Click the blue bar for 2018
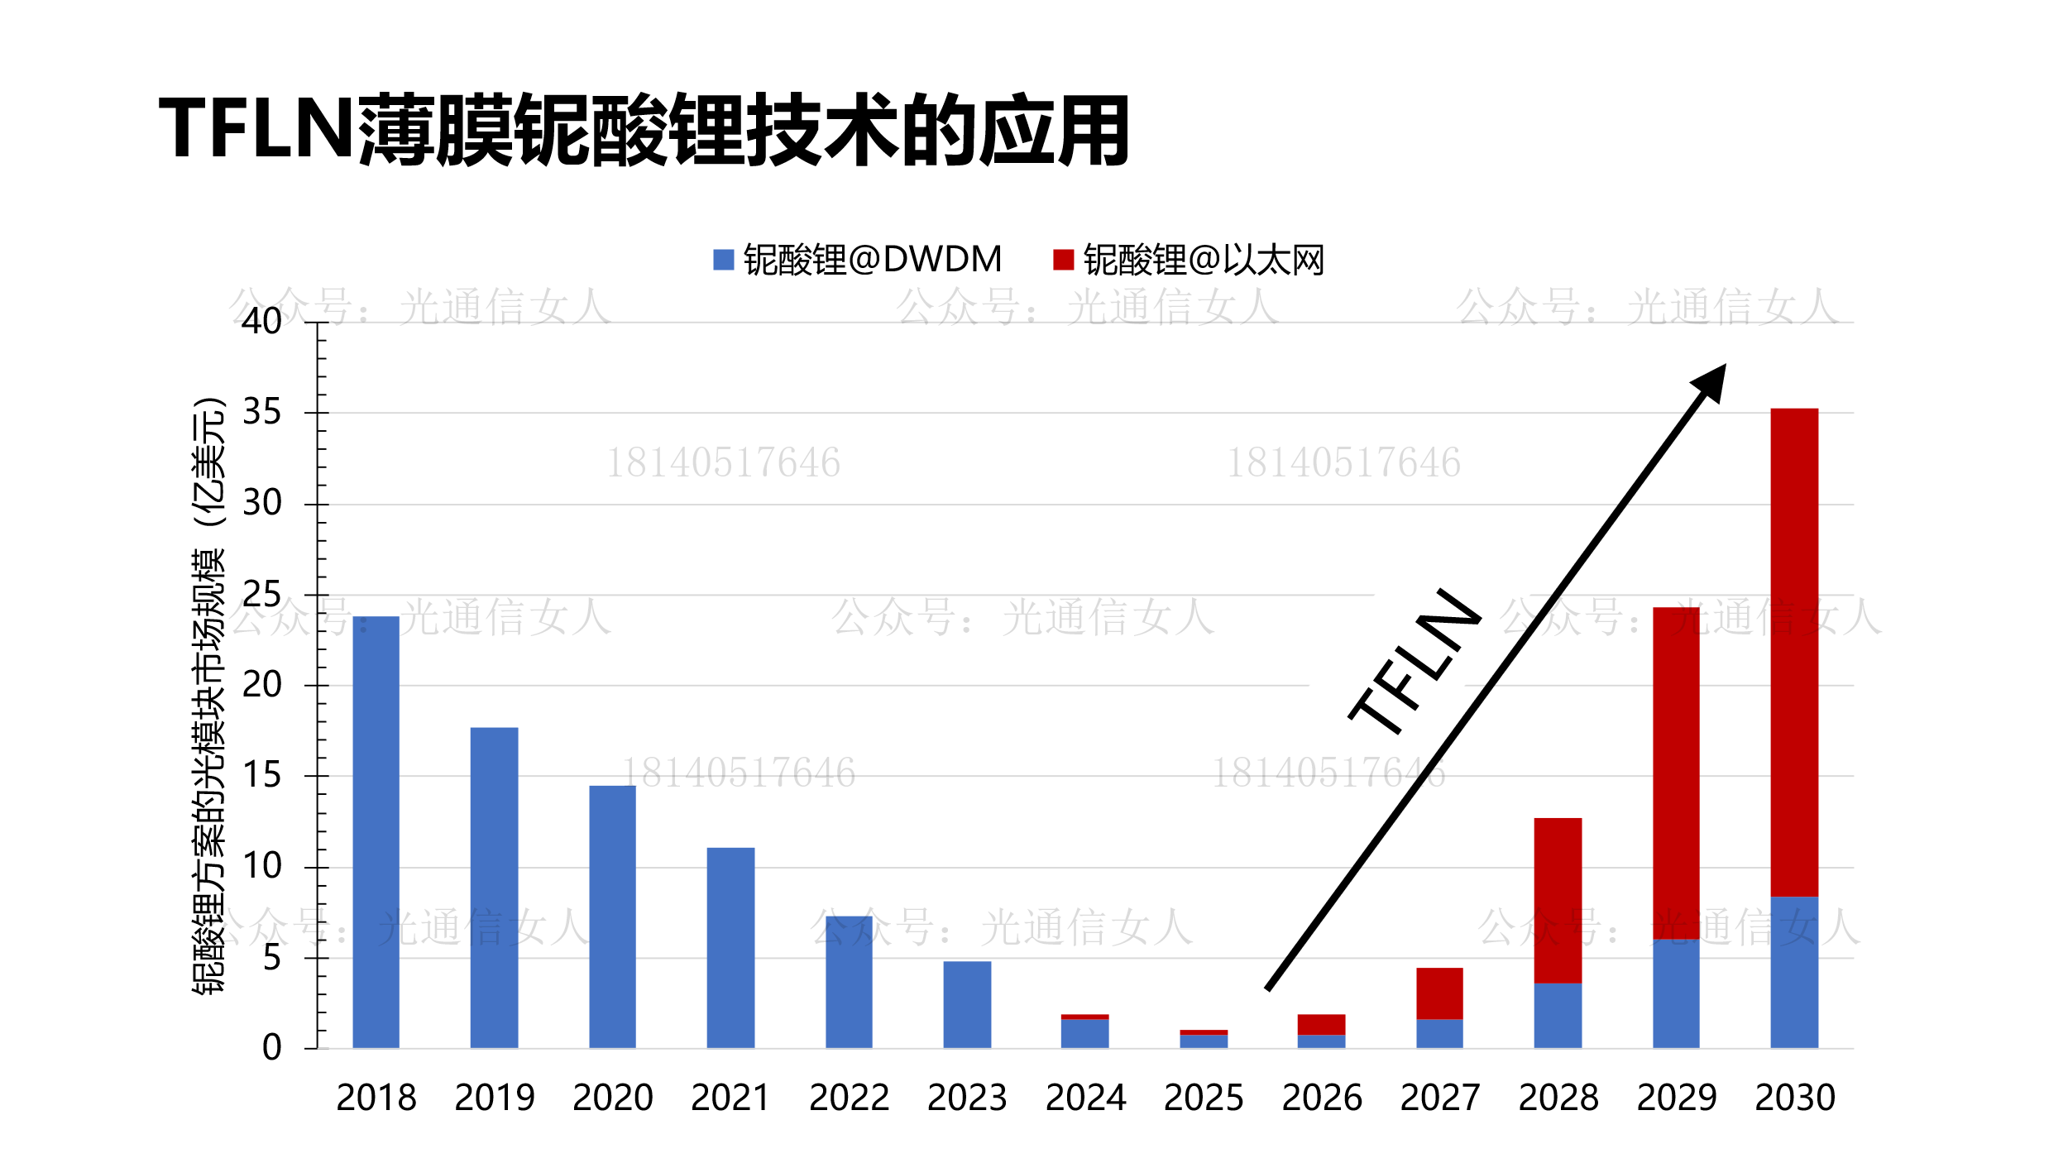[376, 831]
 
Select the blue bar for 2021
[730, 947]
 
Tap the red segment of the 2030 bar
[1794, 653]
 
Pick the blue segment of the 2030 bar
[1794, 972]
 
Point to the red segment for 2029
[1676, 773]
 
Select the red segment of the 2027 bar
[1439, 993]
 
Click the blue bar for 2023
[967, 1004]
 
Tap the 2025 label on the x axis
[1204, 1098]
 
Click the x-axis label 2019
[495, 1098]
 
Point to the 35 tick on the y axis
[261, 412]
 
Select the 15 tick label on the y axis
[261, 775]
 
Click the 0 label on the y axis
[271, 1048]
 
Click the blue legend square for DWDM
[723, 260]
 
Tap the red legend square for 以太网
[1063, 260]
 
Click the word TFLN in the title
[256, 128]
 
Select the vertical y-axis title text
[208, 695]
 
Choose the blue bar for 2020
[612, 917]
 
